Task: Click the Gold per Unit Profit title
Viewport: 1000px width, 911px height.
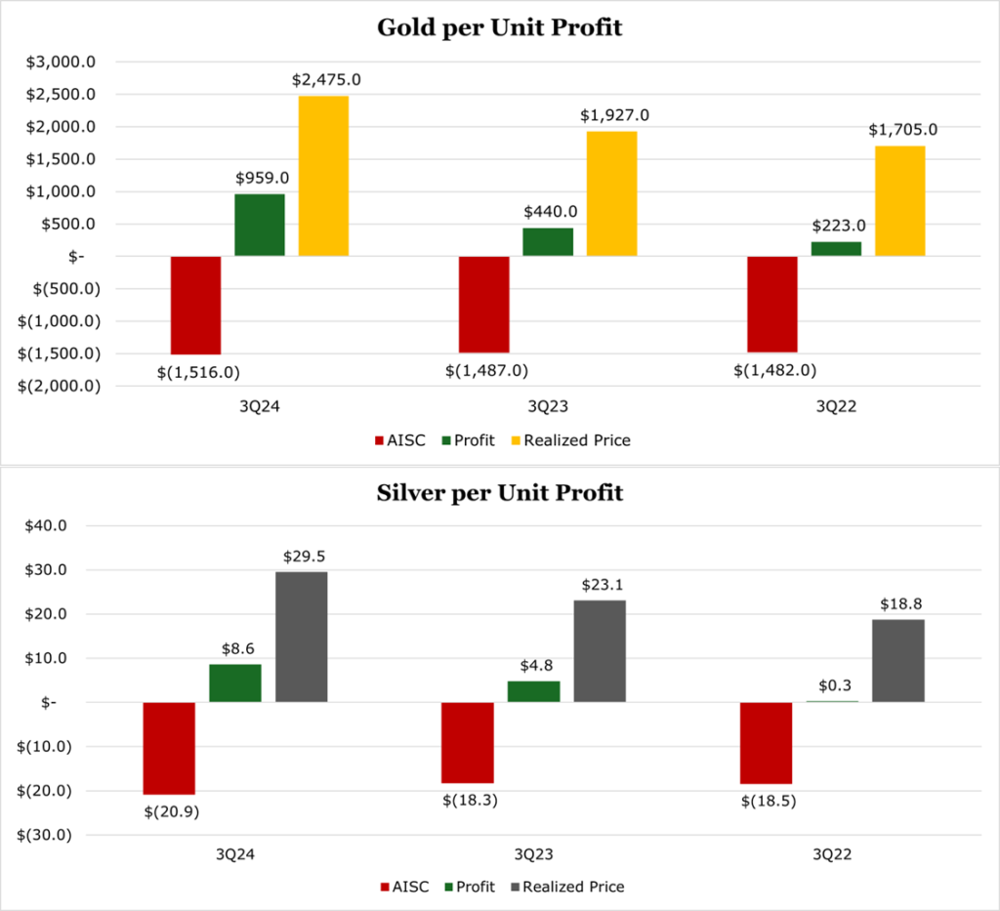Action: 499,27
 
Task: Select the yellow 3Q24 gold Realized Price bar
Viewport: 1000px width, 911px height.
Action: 323,176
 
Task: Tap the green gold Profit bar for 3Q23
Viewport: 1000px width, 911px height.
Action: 548,242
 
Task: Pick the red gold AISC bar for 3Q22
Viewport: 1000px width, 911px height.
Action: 772,304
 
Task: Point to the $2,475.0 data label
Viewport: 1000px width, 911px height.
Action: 326,79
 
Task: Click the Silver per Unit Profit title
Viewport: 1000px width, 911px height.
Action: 499,493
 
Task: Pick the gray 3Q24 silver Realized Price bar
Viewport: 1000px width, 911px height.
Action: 302,637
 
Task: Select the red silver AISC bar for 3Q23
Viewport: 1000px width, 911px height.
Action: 467,743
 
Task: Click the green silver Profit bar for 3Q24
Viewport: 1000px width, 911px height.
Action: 235,683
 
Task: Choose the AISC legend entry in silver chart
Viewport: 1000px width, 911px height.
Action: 404,887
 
